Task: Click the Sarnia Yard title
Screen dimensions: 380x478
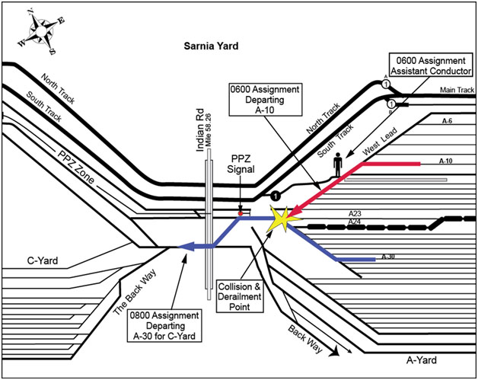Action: (x=211, y=46)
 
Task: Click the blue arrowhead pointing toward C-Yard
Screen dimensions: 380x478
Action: (x=184, y=246)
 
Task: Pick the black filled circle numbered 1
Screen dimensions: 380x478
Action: (x=276, y=195)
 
